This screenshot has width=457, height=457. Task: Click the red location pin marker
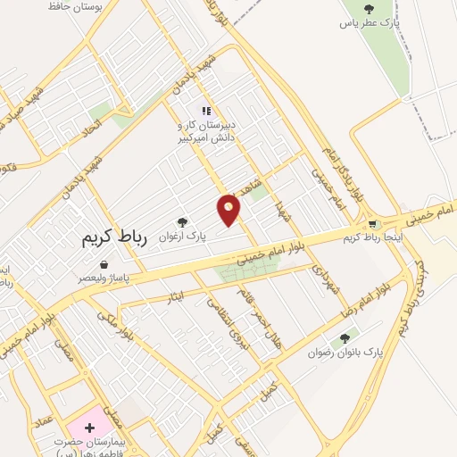tap(229, 209)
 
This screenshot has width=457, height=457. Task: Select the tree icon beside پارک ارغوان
tap(182, 221)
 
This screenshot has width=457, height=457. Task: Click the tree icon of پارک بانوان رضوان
tap(345, 338)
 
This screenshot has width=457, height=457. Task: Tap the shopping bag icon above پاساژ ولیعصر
tap(105, 265)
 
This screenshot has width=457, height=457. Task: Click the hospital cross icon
tap(89, 428)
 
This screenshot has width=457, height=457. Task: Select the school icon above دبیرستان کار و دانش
tap(206, 112)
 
